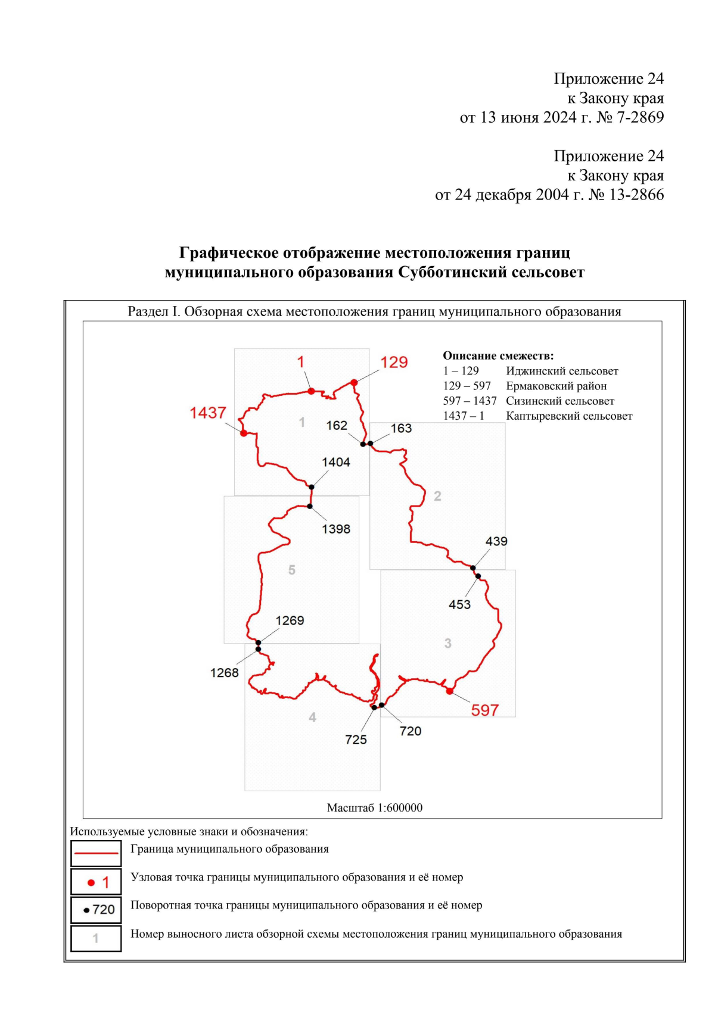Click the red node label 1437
208,413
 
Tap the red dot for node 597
450,691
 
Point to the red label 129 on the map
394,362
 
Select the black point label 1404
336,462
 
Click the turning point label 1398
336,529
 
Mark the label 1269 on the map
290,620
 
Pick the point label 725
356,739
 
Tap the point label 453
459,604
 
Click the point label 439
496,541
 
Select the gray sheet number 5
292,570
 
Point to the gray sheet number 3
448,643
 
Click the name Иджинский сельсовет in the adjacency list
562,371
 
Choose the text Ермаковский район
556,386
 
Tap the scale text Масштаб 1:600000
375,808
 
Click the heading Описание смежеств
498,355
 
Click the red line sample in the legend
96,853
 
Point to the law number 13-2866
637,195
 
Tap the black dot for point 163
370,444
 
